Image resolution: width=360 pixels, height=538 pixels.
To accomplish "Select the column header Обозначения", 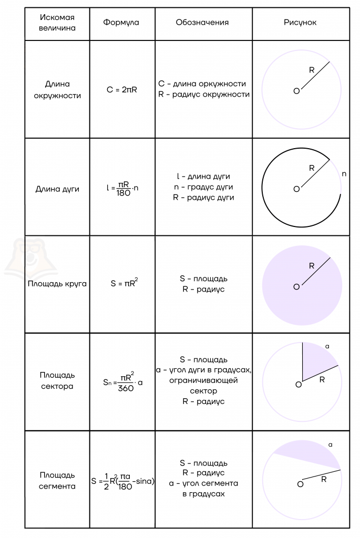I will tap(202, 23).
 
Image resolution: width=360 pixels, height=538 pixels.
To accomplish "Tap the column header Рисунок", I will tap(300, 23).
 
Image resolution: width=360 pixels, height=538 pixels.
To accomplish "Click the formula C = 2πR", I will tap(122, 90).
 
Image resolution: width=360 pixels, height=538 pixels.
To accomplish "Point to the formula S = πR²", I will tap(124, 283).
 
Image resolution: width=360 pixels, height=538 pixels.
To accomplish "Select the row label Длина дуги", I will tap(57, 189).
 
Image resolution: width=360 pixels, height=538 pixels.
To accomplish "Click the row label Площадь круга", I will tap(57, 284).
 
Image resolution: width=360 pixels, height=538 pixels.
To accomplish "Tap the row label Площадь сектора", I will tap(57, 380).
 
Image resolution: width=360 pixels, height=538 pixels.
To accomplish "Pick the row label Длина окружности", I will tap(57, 90).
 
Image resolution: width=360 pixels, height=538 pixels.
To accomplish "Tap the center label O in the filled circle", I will tap(296, 286).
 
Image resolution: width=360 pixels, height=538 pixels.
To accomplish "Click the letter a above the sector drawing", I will tap(327, 347).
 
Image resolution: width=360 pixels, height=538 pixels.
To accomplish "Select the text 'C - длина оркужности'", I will tap(202, 84).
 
